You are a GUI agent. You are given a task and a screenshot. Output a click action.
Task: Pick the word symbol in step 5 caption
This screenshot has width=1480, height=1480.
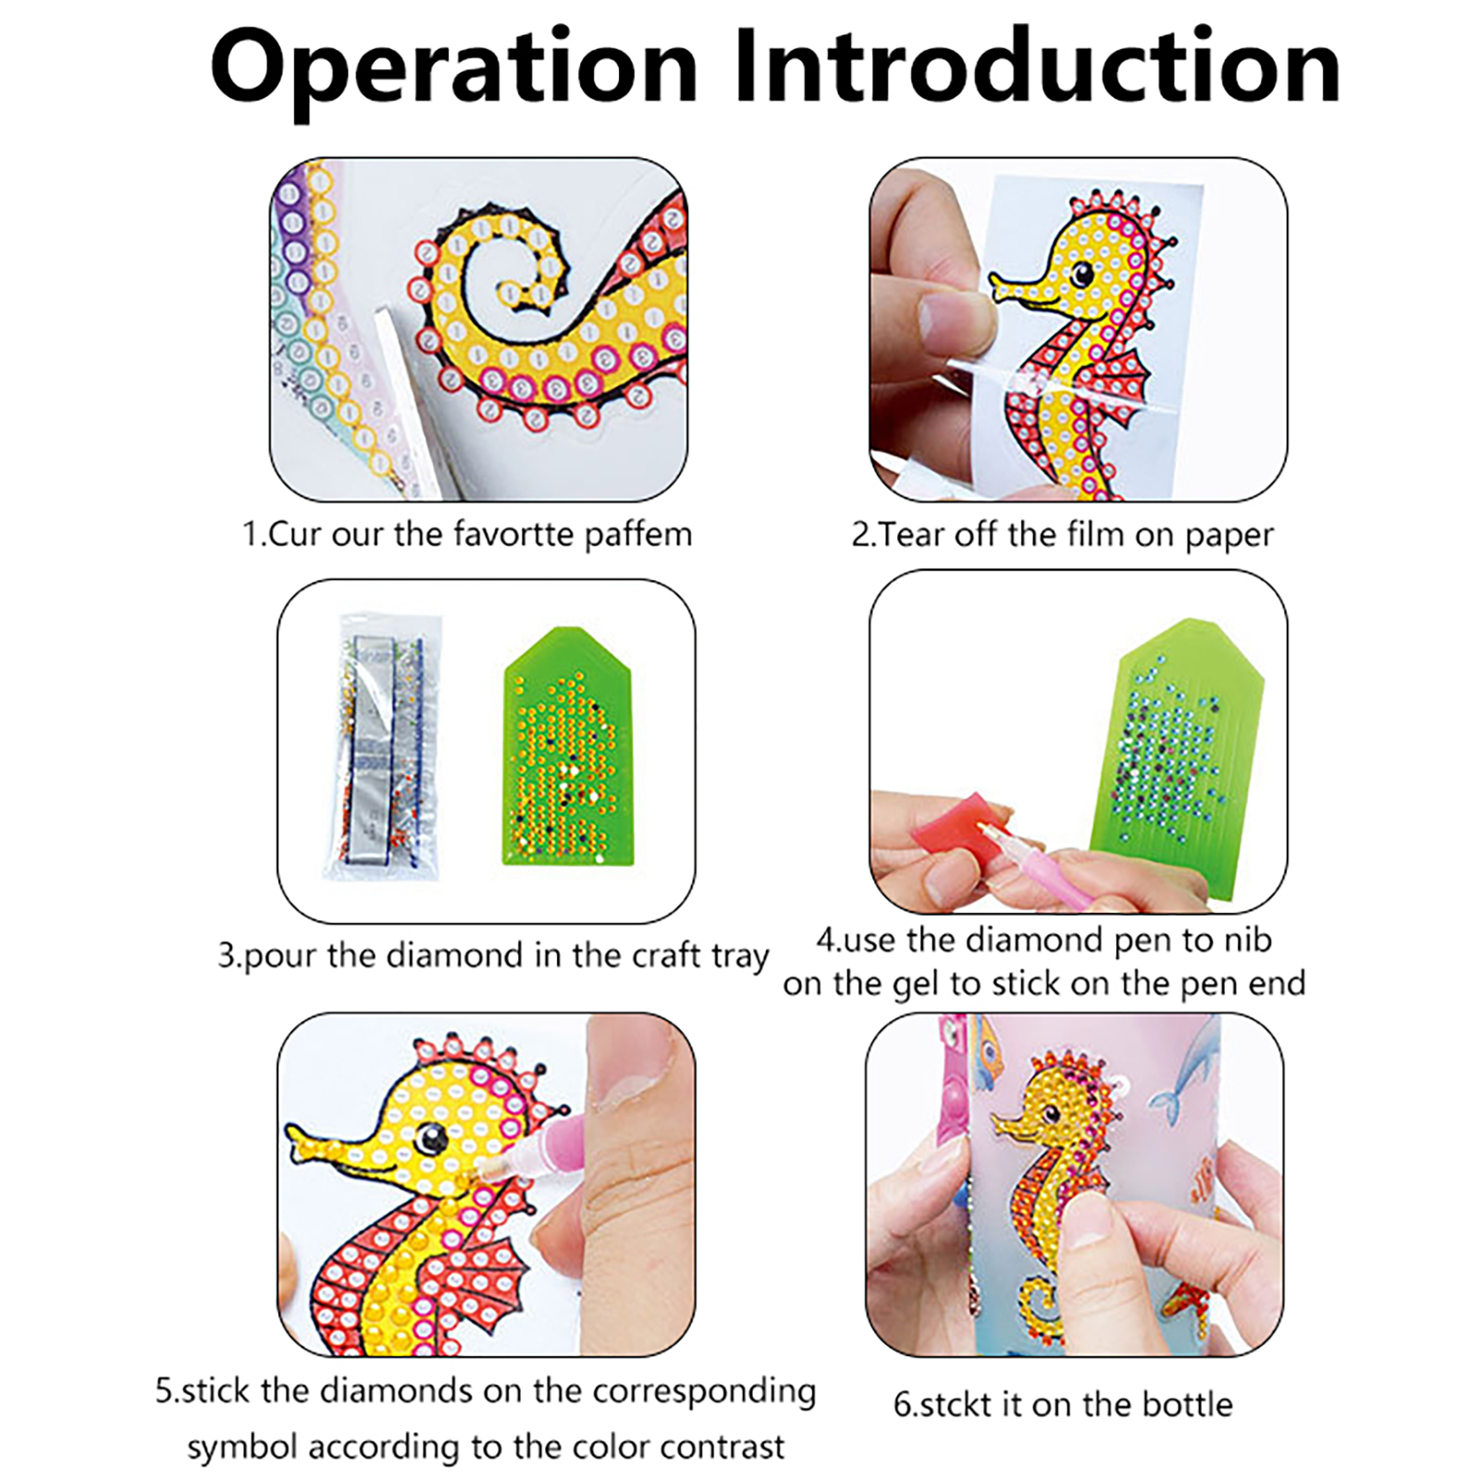coord(243,1447)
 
